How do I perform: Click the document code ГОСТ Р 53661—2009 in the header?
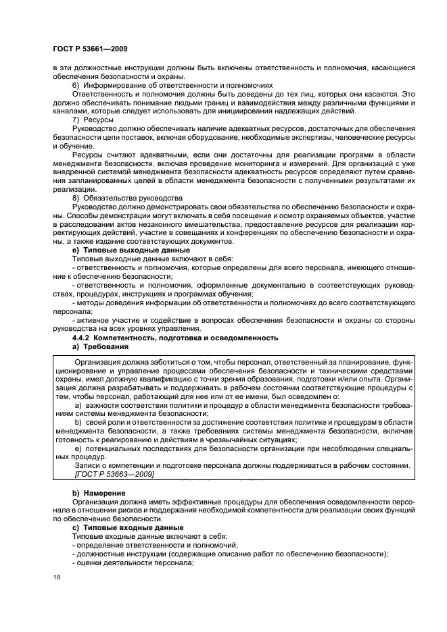point(89,49)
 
